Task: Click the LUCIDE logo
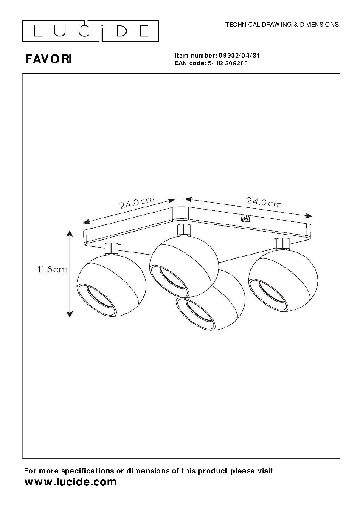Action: (90, 31)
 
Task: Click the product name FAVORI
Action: (48, 59)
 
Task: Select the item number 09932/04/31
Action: (239, 56)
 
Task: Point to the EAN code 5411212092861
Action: (229, 63)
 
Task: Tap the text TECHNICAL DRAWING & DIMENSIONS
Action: (282, 25)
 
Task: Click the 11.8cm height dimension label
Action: (53, 270)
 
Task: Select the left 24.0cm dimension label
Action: (137, 202)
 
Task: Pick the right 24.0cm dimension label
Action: (264, 202)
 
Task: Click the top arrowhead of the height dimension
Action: (70, 233)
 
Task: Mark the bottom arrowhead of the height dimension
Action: (70, 314)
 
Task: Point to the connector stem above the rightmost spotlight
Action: (283, 243)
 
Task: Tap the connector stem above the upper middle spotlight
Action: (184, 230)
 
